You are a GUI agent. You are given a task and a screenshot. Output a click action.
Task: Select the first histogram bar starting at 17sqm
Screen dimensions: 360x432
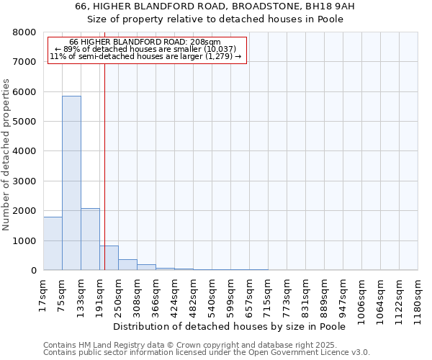pos(53,243)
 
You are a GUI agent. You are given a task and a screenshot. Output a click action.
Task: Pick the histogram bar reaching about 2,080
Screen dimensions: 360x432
pos(90,239)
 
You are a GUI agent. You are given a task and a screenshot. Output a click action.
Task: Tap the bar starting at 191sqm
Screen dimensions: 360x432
pos(109,258)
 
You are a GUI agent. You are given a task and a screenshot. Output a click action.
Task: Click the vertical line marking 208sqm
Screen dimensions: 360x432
pos(104,166)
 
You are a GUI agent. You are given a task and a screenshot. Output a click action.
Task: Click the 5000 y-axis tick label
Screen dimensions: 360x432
pos(24,122)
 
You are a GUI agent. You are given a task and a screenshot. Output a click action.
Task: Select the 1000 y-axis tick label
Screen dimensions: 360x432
pos(24,240)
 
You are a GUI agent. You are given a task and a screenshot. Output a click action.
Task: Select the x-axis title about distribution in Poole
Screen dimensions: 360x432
pos(230,327)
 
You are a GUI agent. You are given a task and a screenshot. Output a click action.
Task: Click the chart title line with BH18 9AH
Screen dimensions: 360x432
pos(216,6)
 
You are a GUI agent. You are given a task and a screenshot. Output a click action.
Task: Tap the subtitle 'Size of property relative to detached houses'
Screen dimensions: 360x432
pos(216,19)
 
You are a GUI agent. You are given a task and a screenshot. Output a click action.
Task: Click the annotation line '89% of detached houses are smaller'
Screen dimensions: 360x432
pos(147,49)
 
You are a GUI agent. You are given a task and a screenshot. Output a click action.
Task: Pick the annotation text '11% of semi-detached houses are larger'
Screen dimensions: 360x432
pos(147,56)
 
